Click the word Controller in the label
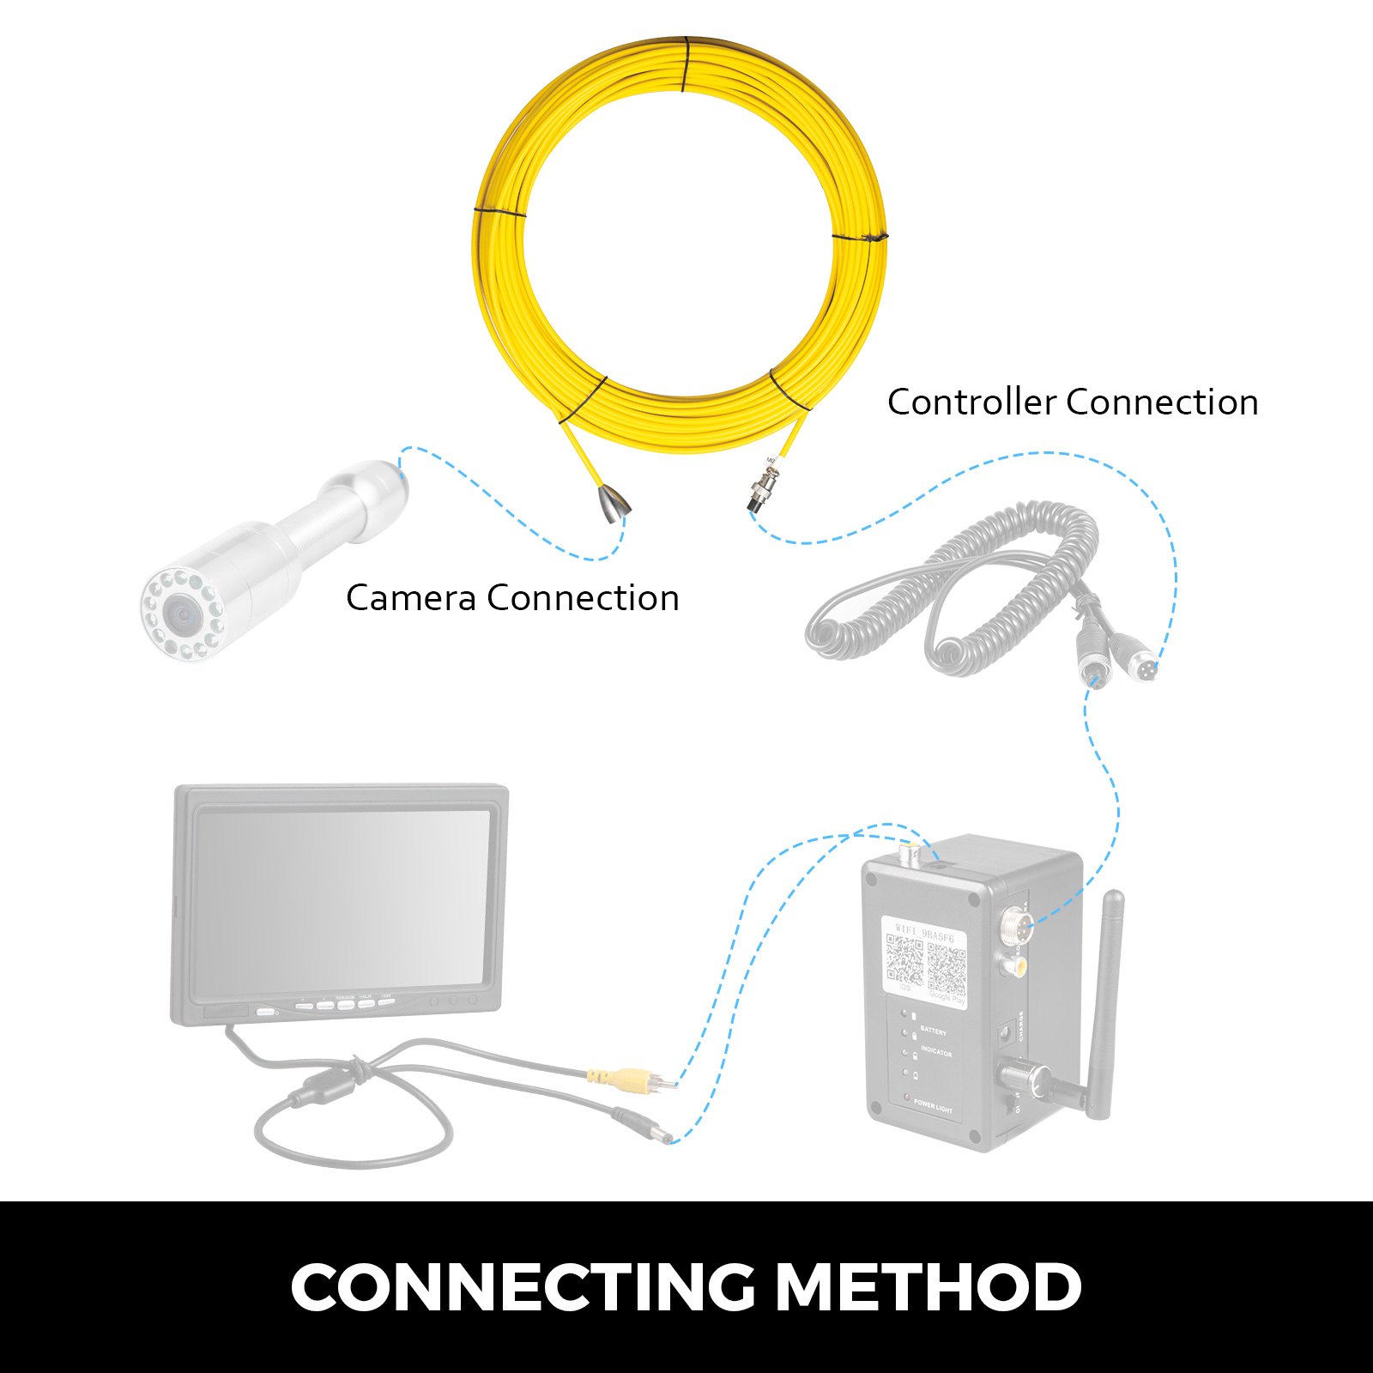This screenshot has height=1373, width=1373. [971, 402]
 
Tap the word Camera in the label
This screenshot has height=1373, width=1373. [410, 598]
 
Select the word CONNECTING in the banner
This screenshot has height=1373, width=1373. [523, 1286]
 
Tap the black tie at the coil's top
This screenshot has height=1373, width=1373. [685, 64]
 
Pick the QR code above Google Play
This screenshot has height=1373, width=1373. [947, 967]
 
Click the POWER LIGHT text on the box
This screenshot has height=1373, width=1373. [932, 1108]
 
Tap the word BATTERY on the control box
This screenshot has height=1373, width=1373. [933, 1031]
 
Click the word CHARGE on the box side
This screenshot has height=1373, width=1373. [1020, 1025]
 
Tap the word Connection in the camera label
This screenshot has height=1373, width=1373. [583, 598]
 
